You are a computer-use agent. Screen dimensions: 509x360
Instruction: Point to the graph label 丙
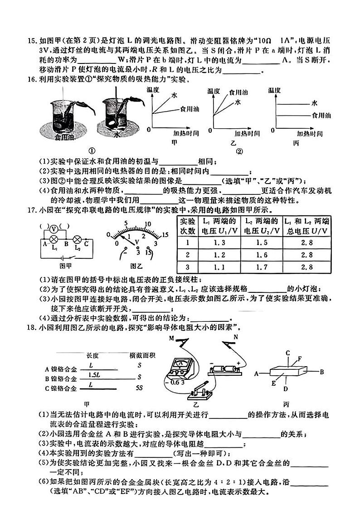click(296, 143)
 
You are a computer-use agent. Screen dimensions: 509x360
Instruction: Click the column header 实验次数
click(187, 226)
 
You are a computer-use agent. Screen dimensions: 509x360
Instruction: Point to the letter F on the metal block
click(299, 359)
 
